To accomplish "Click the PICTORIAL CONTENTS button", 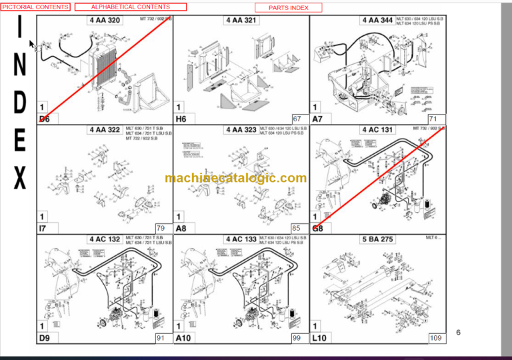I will (35, 7).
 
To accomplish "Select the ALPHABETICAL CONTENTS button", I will (131, 7).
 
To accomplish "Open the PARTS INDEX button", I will (288, 7).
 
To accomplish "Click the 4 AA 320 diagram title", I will (105, 21).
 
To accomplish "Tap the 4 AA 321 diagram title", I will (241, 21).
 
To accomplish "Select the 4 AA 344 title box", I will (377, 21).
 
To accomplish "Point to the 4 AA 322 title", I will (105, 129).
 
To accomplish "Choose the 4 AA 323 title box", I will (241, 129).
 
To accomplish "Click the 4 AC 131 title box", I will (377, 129).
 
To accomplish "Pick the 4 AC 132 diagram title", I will (105, 239).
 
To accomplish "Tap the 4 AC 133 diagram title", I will (241, 239).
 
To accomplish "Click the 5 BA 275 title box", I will (377, 239).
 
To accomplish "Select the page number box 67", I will (297, 119).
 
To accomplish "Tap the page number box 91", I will (161, 338).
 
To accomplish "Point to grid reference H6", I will (181, 119).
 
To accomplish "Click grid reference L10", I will (319, 339).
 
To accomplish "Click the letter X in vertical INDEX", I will (20, 178).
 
